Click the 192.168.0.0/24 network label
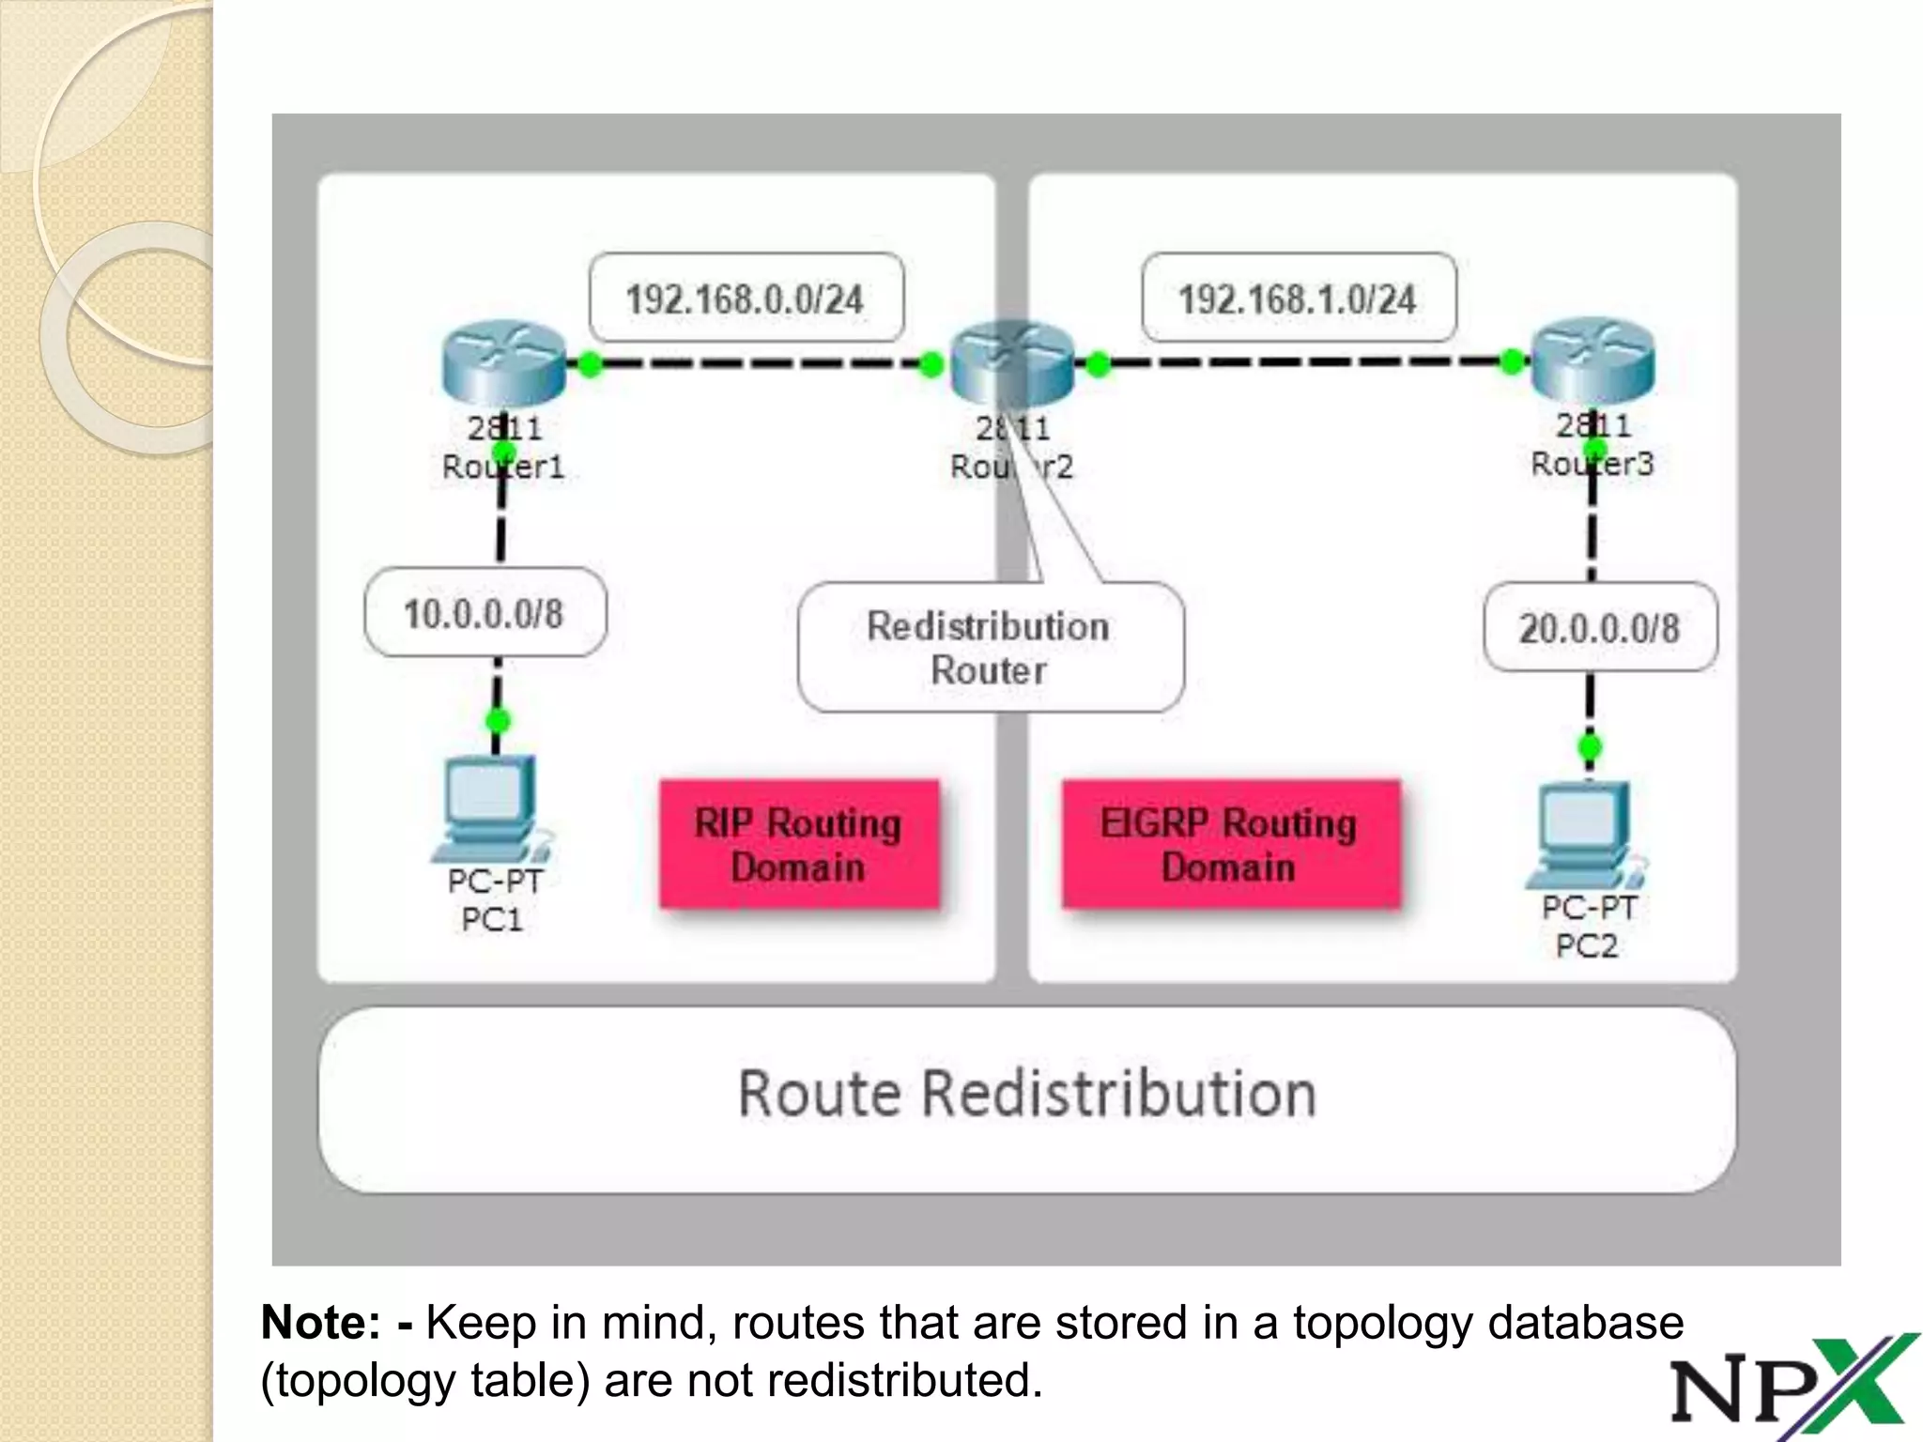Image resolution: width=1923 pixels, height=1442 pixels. tap(746, 299)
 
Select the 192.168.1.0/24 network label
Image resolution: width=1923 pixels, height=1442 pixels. tap(1298, 299)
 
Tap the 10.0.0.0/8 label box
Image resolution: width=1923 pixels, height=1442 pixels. tap(485, 613)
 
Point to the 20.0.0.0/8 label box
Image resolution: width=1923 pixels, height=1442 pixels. tap(1600, 627)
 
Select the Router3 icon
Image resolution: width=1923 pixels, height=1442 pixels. tap(1592, 361)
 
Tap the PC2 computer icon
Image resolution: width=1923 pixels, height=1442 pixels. tap(1585, 836)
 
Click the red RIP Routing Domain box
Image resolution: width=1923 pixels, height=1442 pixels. tap(799, 844)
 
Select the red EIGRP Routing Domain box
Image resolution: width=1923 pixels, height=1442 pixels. tap(1230, 844)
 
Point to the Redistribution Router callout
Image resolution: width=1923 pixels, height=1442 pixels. tap(990, 647)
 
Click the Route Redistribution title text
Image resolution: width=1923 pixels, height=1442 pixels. tap(1027, 1094)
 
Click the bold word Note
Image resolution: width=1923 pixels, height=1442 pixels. tap(320, 1322)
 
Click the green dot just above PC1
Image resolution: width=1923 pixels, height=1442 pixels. tap(498, 721)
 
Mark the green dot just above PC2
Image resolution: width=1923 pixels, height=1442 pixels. tap(1590, 747)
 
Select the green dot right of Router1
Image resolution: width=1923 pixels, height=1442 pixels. tap(590, 364)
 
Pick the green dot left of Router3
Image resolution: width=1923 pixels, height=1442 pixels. tap(1512, 361)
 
